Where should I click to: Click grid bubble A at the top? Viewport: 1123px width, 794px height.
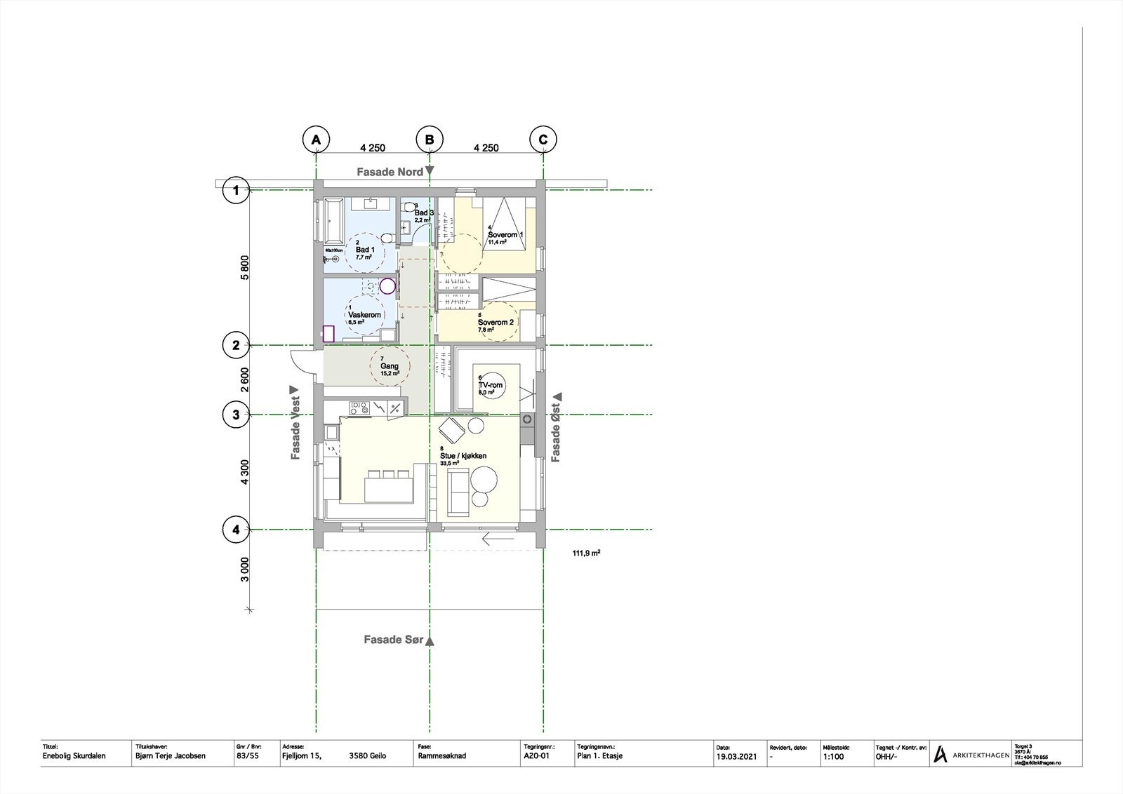point(317,140)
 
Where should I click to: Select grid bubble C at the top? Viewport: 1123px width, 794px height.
point(543,140)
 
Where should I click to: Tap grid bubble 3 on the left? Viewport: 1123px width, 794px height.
point(236,415)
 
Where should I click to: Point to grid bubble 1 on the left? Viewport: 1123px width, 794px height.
point(236,190)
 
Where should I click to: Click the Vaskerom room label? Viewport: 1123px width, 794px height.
point(364,315)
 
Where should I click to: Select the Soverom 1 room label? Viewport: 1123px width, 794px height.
point(506,235)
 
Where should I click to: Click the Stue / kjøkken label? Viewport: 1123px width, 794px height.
point(463,456)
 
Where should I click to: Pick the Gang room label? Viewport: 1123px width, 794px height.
point(390,366)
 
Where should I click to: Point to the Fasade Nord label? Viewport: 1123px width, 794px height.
point(390,172)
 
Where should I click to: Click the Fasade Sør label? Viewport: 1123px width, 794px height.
point(394,640)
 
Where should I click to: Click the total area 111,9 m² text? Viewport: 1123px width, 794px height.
point(586,553)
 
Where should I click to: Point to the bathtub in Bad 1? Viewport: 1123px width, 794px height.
point(332,220)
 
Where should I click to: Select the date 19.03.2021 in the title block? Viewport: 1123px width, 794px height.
point(736,757)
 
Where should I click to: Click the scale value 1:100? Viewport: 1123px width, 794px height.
point(833,757)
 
